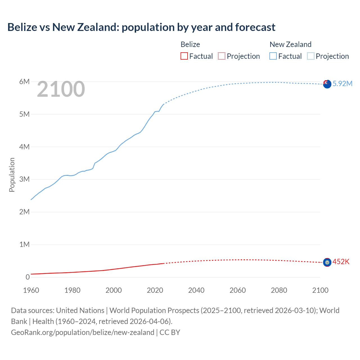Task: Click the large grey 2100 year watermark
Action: click(x=61, y=89)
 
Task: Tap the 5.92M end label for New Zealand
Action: click(x=342, y=84)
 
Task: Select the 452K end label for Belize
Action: click(x=341, y=262)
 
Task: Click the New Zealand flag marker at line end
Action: click(x=327, y=84)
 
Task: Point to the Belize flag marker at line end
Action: click(x=327, y=262)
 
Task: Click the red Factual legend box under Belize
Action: click(x=184, y=56)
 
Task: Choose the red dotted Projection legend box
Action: click(x=222, y=56)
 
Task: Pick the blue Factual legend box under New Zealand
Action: click(x=273, y=56)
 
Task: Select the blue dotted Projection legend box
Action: click(x=311, y=56)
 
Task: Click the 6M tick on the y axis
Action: click(x=24, y=82)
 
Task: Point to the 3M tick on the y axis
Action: click(x=24, y=179)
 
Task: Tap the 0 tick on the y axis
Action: click(x=28, y=277)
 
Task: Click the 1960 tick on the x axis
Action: click(x=31, y=290)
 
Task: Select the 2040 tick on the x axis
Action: click(x=196, y=290)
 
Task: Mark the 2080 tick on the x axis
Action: click(x=279, y=290)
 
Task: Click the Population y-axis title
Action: click(x=12, y=175)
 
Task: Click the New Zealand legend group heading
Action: click(x=291, y=44)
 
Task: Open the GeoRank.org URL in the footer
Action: click(x=83, y=332)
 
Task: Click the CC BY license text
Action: click(x=170, y=332)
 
